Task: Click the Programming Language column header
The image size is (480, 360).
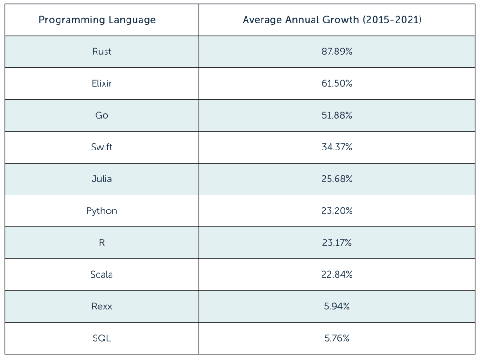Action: [97, 20]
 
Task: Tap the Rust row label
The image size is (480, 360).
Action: [102, 52]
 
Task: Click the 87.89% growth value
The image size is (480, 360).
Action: [336, 52]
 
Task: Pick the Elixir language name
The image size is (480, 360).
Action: [102, 83]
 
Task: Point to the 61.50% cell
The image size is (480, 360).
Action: [336, 83]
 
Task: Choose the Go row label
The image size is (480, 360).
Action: [102, 115]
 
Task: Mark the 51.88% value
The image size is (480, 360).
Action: [336, 115]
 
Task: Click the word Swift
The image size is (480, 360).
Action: [102, 147]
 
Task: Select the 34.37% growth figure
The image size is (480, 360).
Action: [336, 147]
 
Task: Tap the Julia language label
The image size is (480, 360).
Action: [102, 179]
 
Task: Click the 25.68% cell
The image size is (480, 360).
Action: [336, 179]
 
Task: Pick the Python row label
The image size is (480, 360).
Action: [102, 211]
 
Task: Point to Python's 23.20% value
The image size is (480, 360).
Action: [336, 211]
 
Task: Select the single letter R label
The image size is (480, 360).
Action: [102, 243]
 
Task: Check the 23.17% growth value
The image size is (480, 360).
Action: [336, 243]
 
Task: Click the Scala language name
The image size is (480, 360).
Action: [102, 275]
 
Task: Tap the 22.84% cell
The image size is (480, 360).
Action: [336, 275]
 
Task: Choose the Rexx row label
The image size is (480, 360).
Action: [102, 307]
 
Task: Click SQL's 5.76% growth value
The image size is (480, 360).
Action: [336, 338]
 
